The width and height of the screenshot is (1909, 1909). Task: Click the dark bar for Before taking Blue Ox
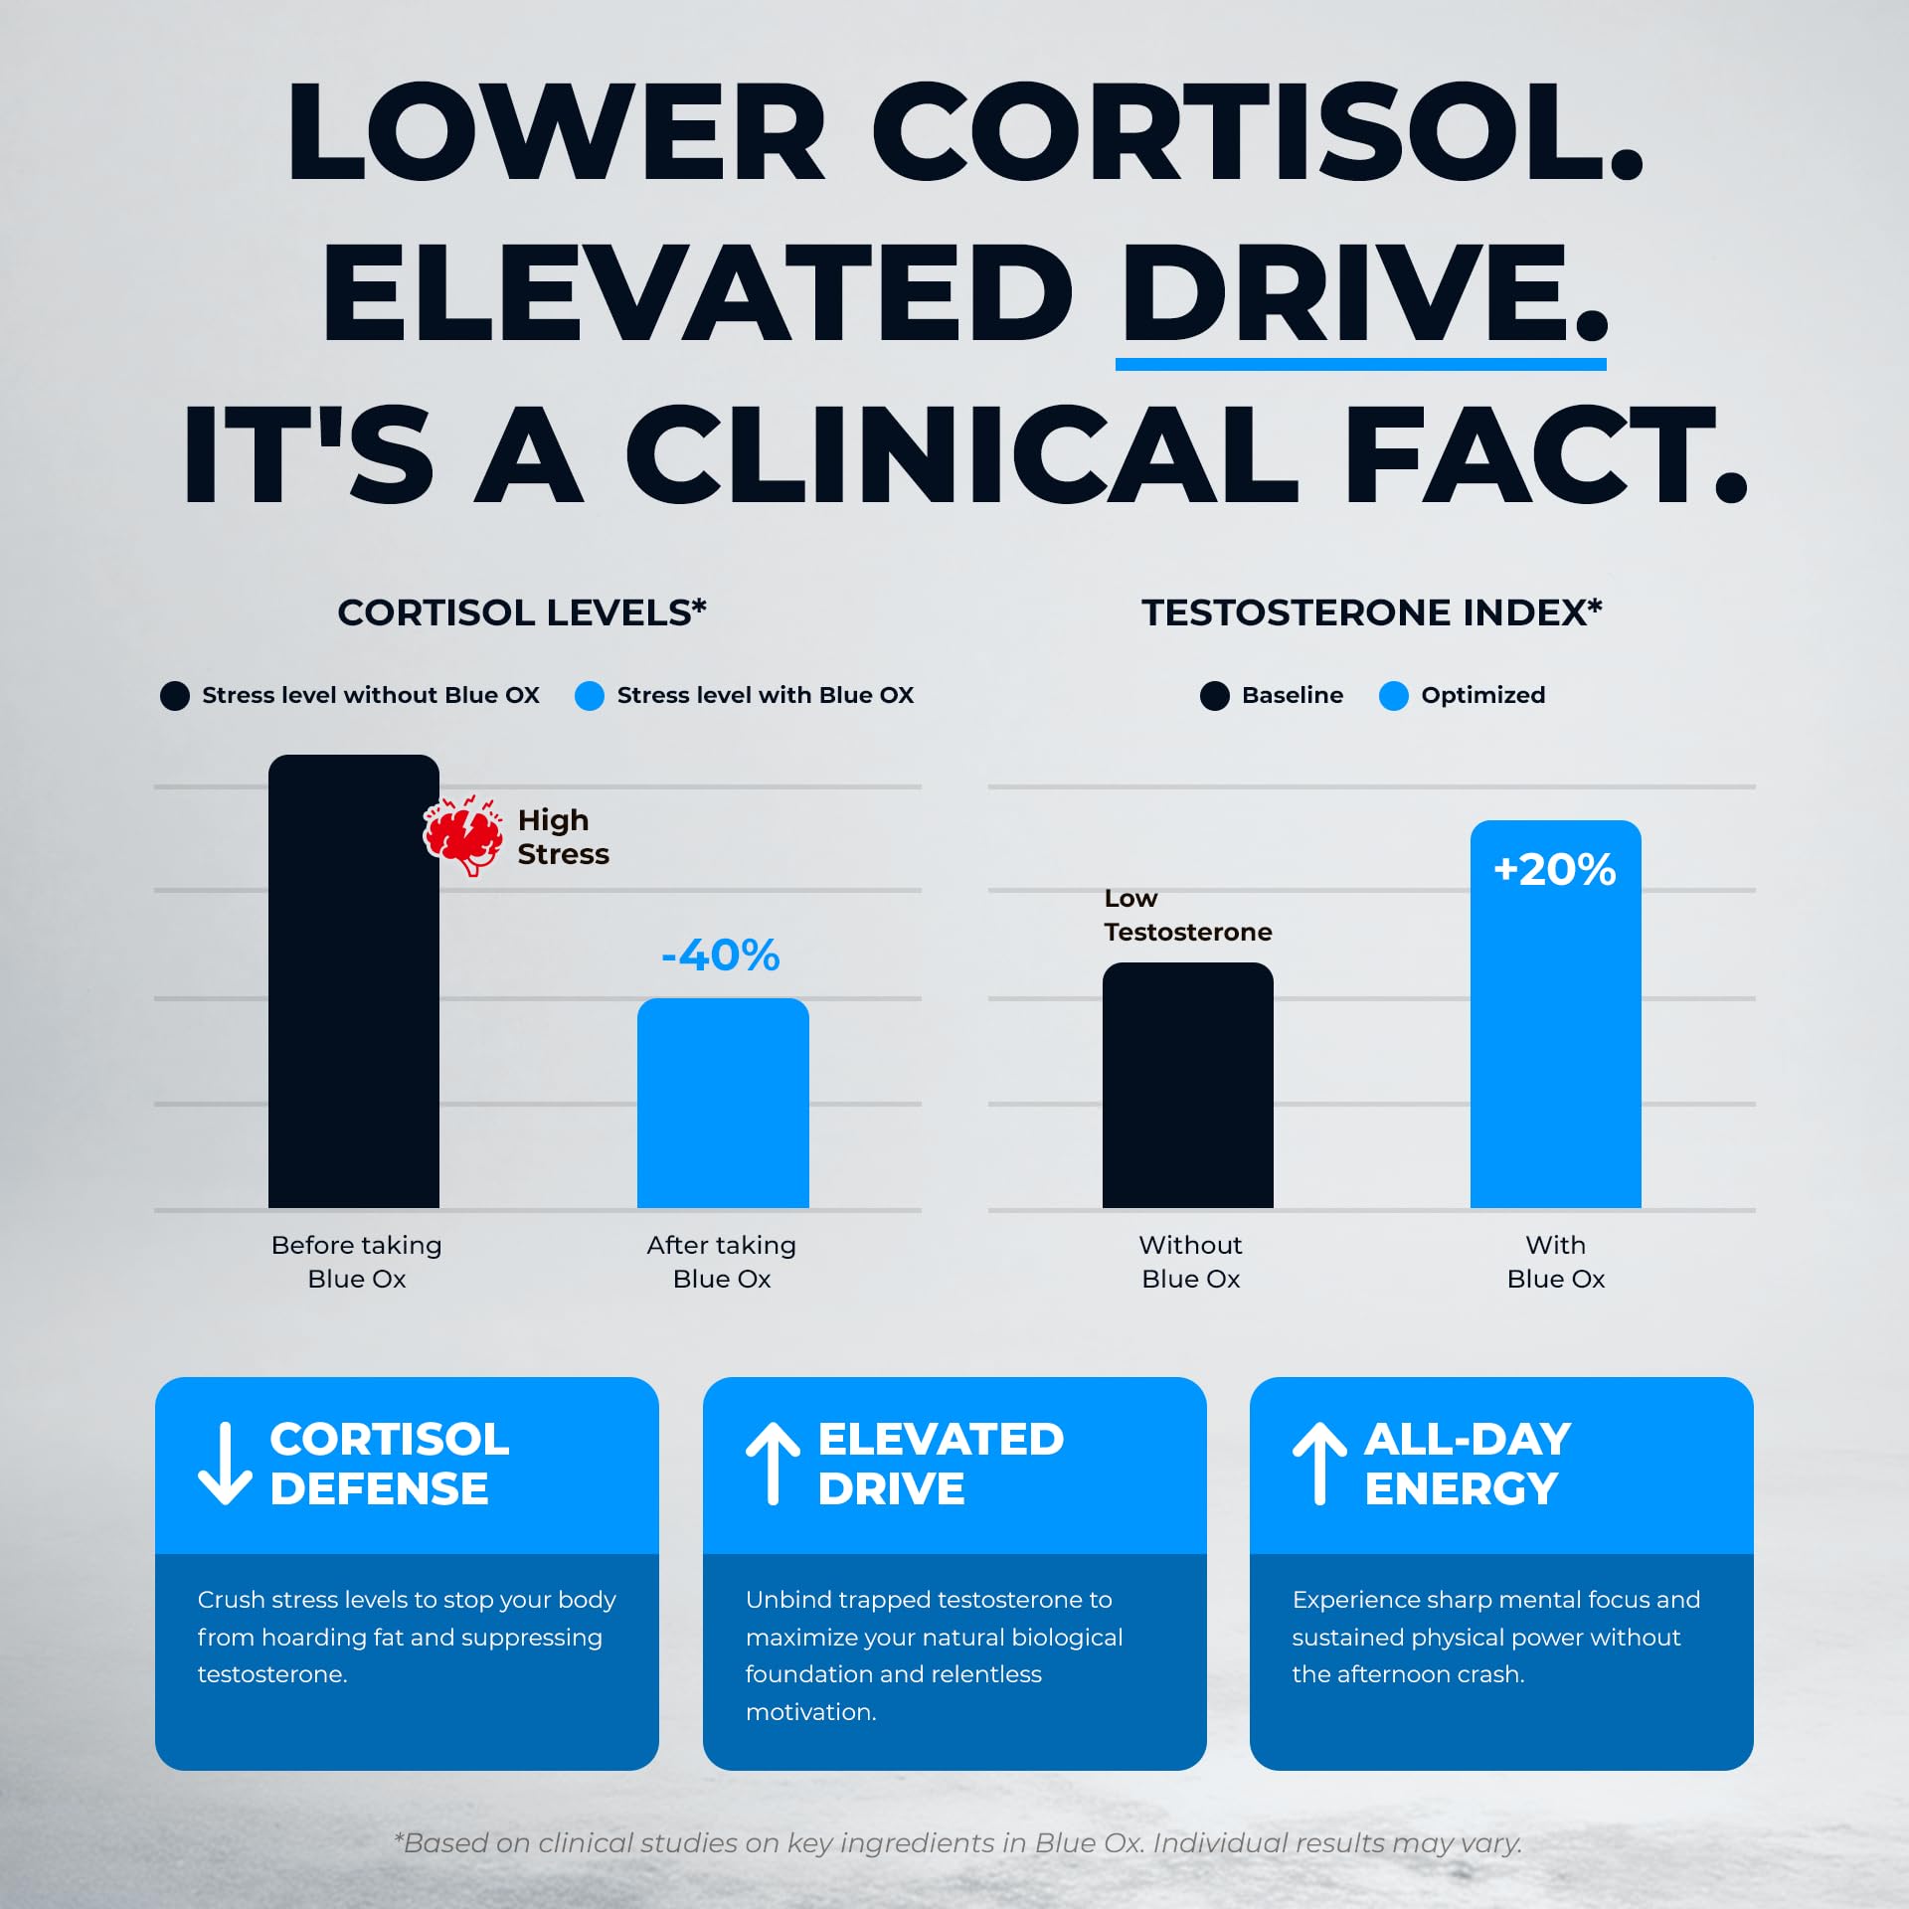click(x=354, y=981)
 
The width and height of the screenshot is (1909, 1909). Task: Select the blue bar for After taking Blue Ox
click(x=723, y=1104)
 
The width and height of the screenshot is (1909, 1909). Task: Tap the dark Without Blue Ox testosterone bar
click(x=1188, y=1086)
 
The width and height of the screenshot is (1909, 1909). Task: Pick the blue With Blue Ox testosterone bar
click(x=1556, y=1014)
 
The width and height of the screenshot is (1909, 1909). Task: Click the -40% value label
click(x=721, y=955)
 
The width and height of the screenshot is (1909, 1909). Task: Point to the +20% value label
click(x=1555, y=870)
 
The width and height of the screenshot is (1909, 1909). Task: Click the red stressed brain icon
click(x=462, y=835)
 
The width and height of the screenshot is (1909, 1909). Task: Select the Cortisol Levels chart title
click(x=522, y=612)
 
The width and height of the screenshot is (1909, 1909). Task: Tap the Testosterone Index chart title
click(x=1372, y=612)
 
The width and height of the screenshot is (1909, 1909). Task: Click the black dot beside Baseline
click(x=1215, y=696)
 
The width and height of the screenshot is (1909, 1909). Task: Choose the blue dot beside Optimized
click(x=1394, y=696)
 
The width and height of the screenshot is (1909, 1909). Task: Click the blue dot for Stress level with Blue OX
click(x=590, y=696)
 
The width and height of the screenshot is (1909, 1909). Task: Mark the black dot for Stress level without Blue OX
click(x=175, y=696)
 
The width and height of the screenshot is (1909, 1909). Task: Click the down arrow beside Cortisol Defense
click(x=225, y=1464)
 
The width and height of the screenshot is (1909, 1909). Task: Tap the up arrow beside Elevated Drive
click(x=773, y=1464)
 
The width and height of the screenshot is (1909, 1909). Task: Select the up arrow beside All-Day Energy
click(x=1319, y=1464)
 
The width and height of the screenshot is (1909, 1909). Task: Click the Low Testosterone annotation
click(x=1188, y=915)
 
